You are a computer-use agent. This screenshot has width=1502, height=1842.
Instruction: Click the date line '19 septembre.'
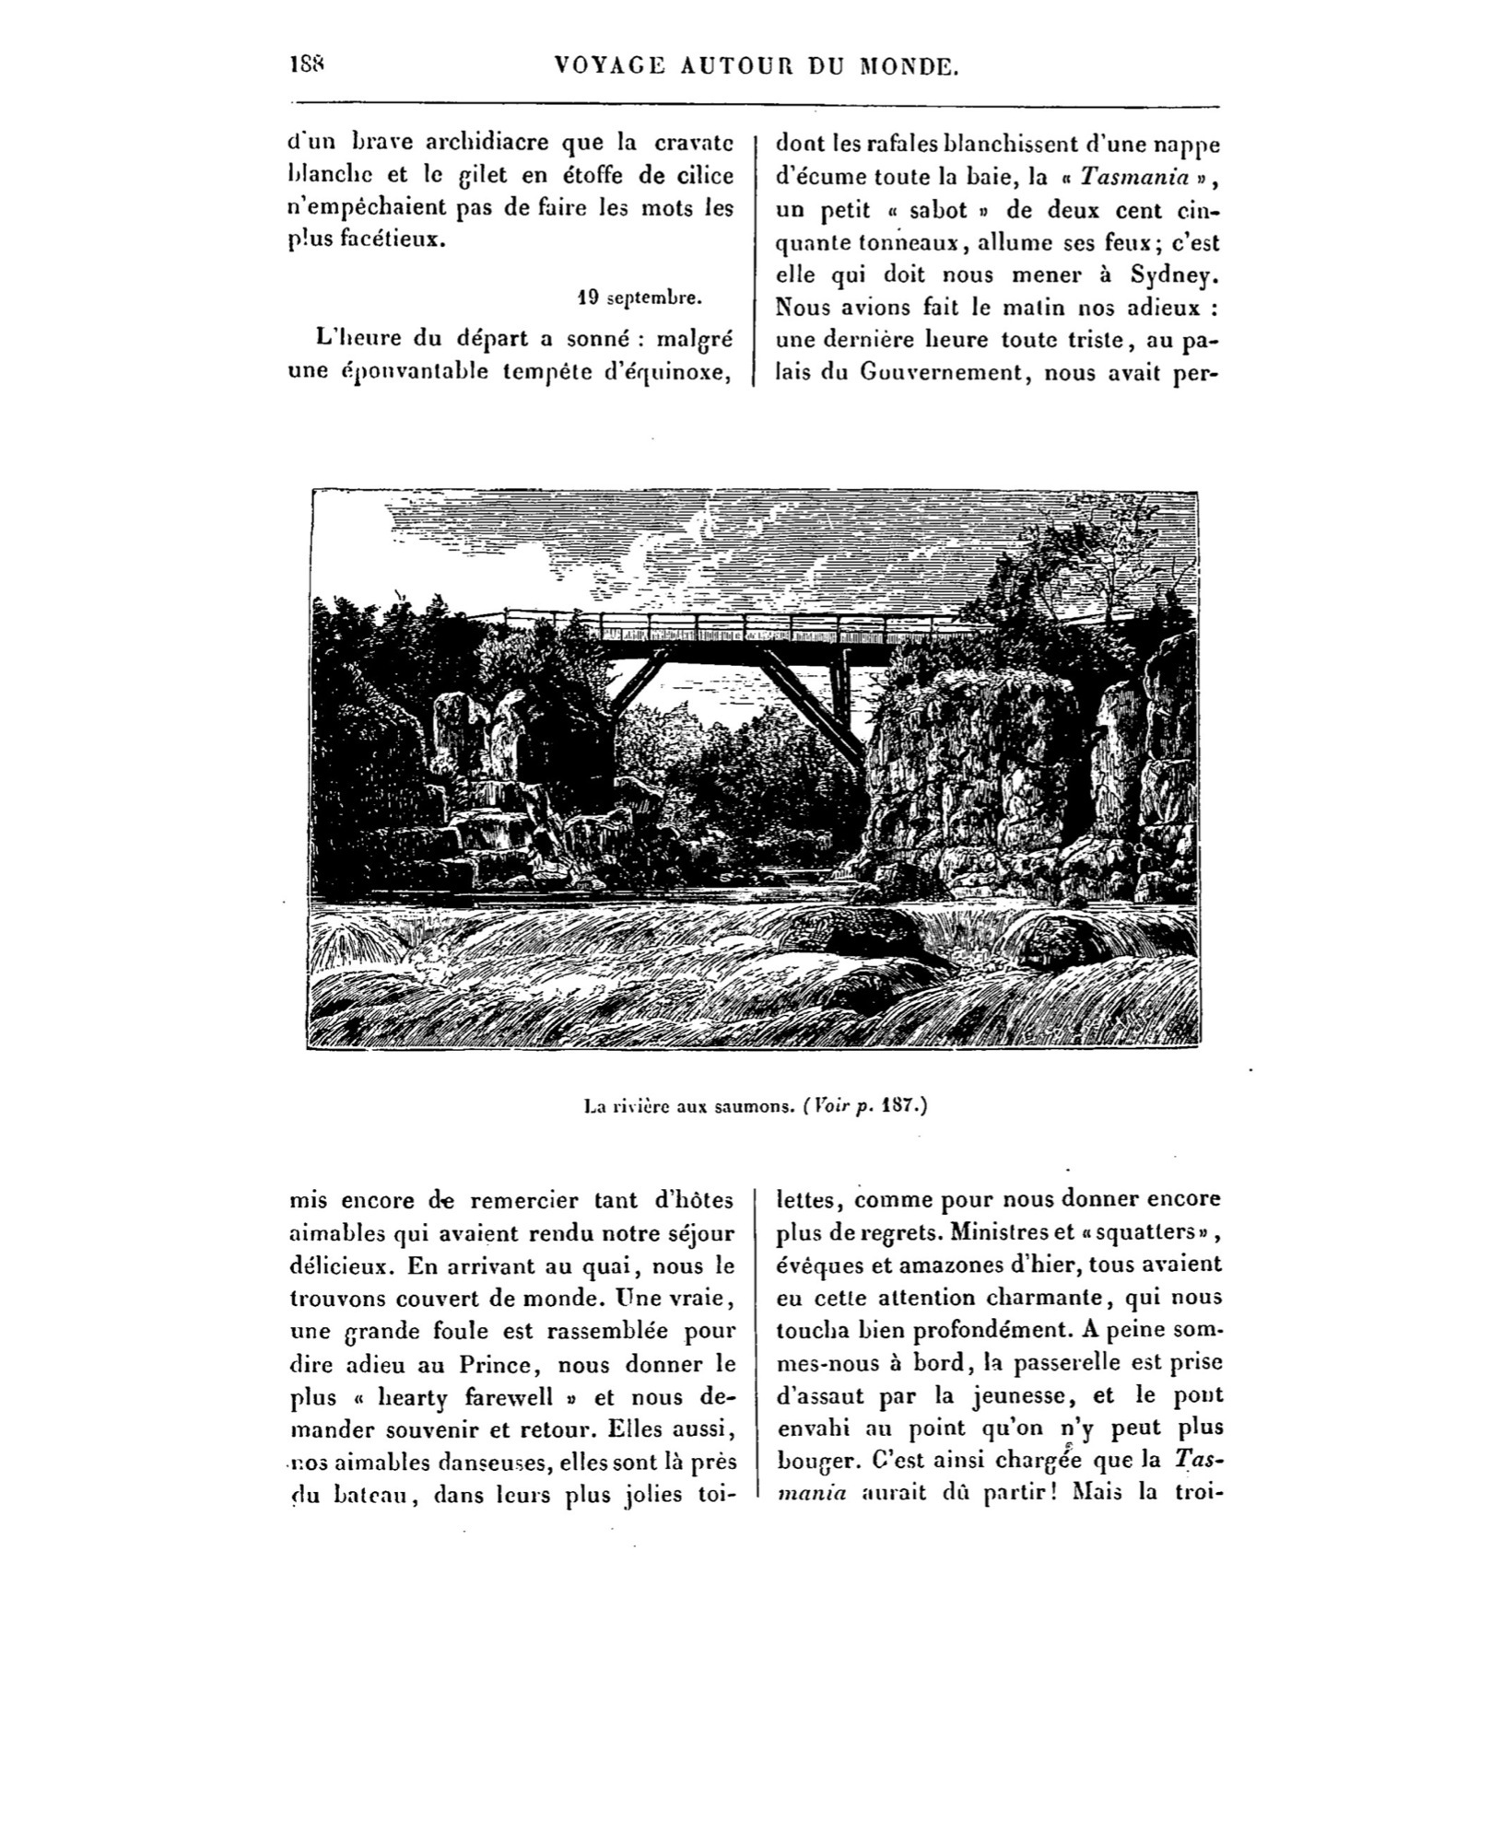[x=640, y=298]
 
